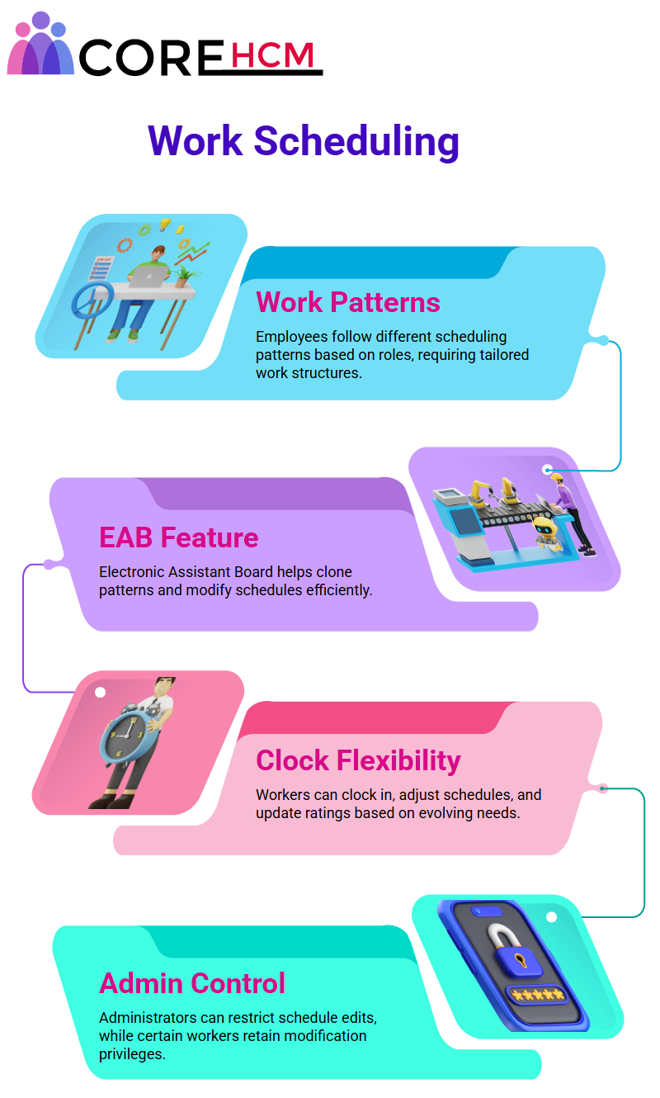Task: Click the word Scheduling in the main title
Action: (x=356, y=141)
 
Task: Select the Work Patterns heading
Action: (x=348, y=302)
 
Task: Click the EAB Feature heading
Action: (x=179, y=537)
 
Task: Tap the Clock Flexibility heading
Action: (x=358, y=761)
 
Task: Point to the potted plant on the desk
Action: (x=184, y=276)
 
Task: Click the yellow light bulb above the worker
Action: (x=165, y=225)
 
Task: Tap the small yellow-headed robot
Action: (x=546, y=532)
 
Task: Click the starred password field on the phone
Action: (x=538, y=995)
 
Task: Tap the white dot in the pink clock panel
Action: (x=101, y=692)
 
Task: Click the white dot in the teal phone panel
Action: (x=552, y=917)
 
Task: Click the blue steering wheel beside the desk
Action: (x=92, y=300)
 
